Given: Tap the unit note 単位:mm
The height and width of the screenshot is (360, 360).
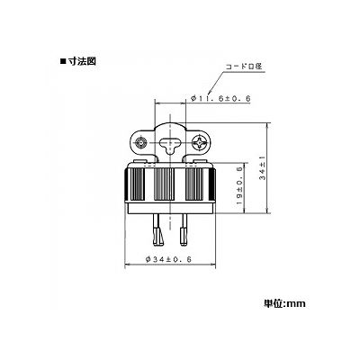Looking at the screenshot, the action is tap(284, 303).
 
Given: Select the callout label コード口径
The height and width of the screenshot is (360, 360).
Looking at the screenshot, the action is tap(244, 67).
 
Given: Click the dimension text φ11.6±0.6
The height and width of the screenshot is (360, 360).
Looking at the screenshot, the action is tap(220, 98).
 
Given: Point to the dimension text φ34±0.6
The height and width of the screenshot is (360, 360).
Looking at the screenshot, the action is tap(168, 259).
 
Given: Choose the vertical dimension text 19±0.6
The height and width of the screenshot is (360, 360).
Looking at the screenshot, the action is tap(239, 185).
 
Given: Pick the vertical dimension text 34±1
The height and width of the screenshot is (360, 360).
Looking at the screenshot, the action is tap(263, 170).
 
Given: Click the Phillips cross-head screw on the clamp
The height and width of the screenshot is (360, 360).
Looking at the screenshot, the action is tap(200, 142).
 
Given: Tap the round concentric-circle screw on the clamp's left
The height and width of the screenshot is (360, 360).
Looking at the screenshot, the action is tap(140, 143).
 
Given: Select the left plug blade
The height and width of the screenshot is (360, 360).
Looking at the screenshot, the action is tap(157, 230).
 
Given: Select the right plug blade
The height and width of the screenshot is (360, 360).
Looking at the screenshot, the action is tap(183, 230).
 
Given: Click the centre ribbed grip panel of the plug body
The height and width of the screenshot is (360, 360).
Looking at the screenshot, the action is tap(164, 184).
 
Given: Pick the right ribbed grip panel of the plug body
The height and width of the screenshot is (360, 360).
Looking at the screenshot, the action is tap(194, 184).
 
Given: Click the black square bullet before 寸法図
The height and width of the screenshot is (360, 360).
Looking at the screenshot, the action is tap(63, 62).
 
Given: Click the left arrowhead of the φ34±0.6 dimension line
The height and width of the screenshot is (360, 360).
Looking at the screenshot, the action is tap(127, 265).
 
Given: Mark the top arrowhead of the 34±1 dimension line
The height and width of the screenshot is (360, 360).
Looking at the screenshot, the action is tap(268, 125).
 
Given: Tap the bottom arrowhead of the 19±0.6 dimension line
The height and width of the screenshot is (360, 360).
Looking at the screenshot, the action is tap(246, 211).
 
